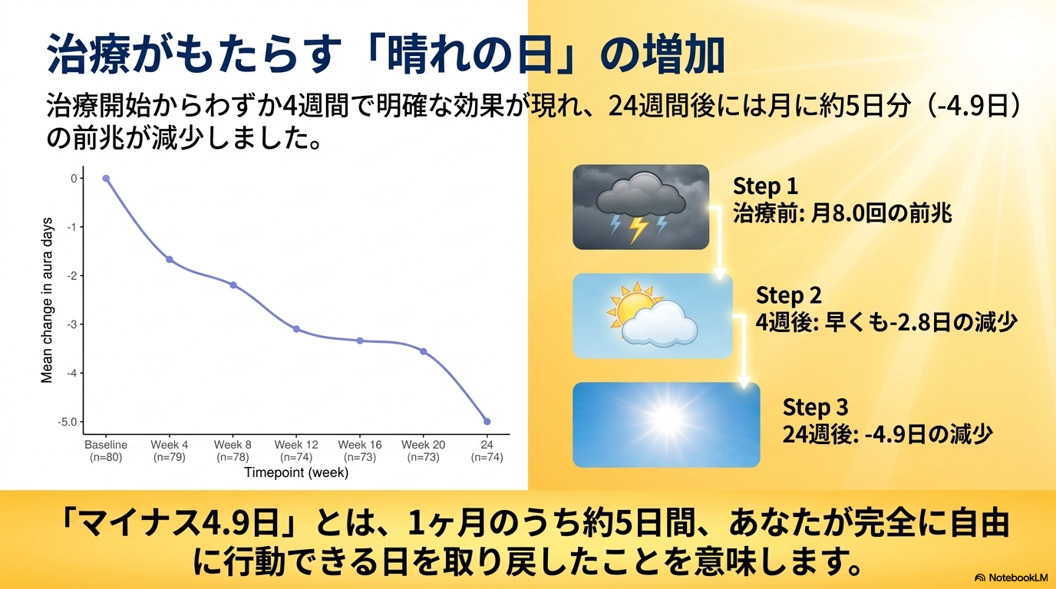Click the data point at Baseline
(x=106, y=179)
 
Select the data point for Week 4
(x=170, y=260)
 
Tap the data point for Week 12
(x=296, y=329)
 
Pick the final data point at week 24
(x=487, y=422)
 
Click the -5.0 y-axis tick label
(x=68, y=422)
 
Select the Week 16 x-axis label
(x=360, y=445)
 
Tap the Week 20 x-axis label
(x=424, y=445)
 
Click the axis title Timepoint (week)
(x=296, y=472)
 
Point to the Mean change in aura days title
(x=47, y=300)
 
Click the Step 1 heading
(x=766, y=186)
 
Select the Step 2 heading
(x=789, y=295)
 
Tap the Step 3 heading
(x=816, y=407)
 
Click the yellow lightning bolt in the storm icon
(x=639, y=229)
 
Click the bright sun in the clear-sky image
(x=668, y=419)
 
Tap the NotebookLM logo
(x=1011, y=577)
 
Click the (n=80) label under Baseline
(x=106, y=457)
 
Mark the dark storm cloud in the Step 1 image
(x=641, y=195)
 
